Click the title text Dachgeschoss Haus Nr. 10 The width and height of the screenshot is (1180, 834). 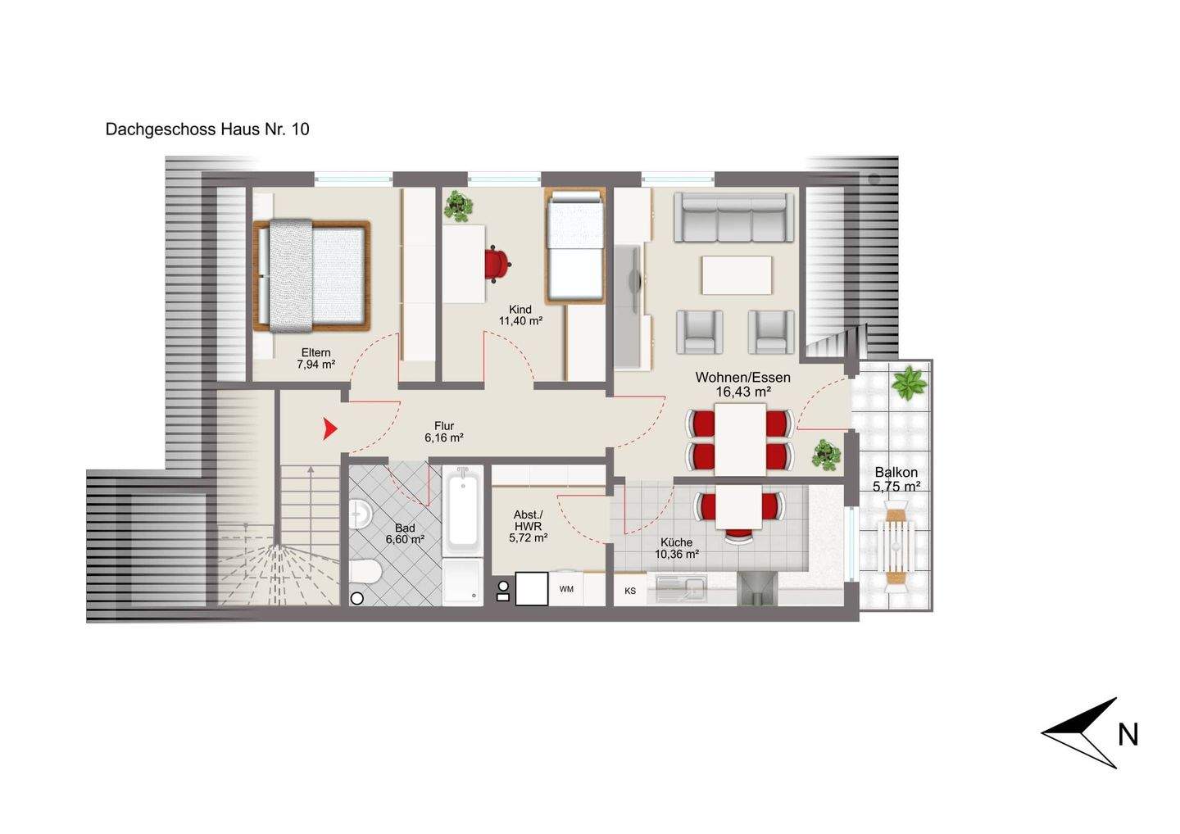pos(207,129)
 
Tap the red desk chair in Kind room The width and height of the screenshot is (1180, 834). pos(497,264)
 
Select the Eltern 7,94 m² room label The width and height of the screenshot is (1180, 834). pos(315,359)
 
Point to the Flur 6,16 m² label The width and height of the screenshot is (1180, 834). pos(444,432)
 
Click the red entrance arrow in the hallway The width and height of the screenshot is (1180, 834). pos(329,428)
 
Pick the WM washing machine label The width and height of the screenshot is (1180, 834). pos(566,589)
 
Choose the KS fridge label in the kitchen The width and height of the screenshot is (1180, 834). pos(630,591)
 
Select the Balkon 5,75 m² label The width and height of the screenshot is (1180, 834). pos(896,479)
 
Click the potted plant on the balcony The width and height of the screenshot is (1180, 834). pos(909,383)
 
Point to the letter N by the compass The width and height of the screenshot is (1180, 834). pos(1128,735)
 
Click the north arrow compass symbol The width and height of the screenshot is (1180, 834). pos(1082,732)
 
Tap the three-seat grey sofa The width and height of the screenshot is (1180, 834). pos(734,217)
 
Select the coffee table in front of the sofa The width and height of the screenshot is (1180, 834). pos(736,275)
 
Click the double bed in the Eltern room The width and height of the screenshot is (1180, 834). pos(312,275)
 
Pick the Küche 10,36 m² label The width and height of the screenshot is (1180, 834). pos(676,548)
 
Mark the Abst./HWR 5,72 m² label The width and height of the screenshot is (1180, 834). pos(528,526)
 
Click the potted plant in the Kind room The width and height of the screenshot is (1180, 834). pos(458,206)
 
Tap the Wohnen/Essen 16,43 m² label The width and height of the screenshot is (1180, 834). pos(742,384)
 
